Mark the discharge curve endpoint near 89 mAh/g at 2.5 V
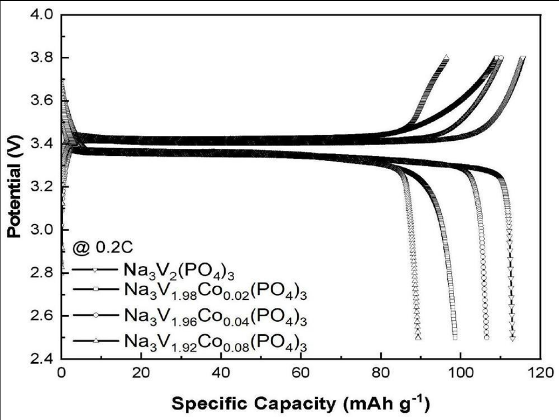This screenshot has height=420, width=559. [418, 337]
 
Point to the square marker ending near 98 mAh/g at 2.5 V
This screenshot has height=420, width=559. [455, 337]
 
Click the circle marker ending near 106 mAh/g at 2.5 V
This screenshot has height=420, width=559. [486, 337]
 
